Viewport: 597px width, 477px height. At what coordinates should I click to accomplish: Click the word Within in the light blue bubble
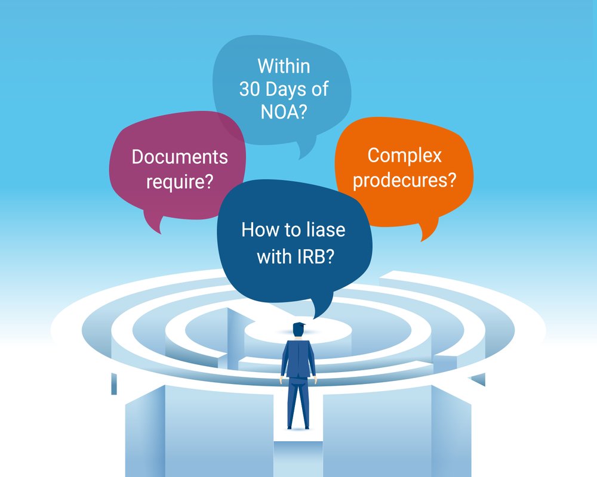(x=284, y=65)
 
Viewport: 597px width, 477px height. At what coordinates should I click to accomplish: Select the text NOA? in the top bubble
(x=284, y=112)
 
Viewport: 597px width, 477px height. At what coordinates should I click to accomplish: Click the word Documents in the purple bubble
(x=180, y=157)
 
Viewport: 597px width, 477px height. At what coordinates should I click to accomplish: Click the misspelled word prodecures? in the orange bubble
(x=405, y=179)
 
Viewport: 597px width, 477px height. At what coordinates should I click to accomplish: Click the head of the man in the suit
(x=298, y=330)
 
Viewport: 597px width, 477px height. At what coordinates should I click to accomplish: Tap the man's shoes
(x=298, y=427)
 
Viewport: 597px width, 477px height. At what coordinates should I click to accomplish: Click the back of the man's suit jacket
(x=298, y=358)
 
